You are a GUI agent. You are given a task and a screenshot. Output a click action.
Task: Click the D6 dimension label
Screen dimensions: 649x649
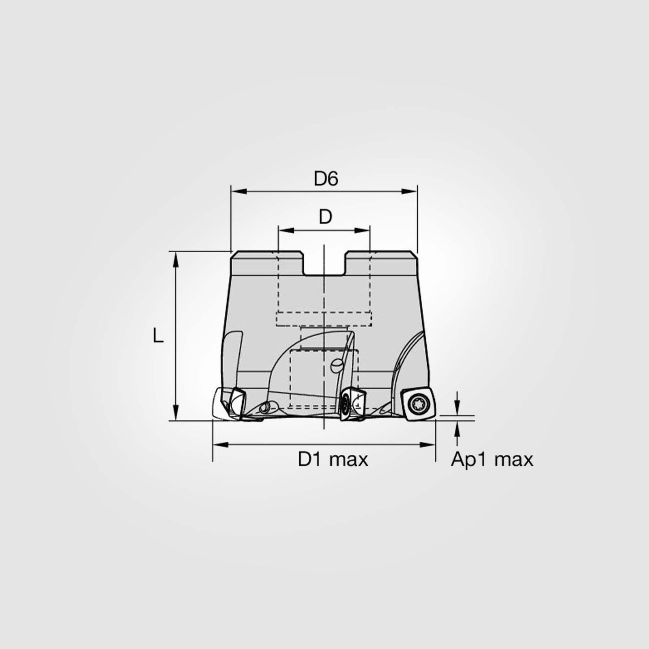pos(326,179)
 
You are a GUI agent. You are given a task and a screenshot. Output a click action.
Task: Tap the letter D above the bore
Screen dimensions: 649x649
pos(325,217)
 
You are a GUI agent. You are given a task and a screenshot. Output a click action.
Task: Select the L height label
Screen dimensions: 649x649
pos(158,336)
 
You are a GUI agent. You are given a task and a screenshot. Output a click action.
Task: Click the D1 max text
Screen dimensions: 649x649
pos(333,460)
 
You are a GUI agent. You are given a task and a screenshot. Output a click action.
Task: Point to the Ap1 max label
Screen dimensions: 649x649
pos(492,460)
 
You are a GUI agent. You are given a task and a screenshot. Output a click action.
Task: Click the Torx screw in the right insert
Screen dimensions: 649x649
pos(416,404)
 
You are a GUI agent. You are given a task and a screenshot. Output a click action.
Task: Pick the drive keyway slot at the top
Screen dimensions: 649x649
pos(324,264)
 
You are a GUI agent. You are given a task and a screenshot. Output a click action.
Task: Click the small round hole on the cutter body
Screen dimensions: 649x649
pos(337,366)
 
